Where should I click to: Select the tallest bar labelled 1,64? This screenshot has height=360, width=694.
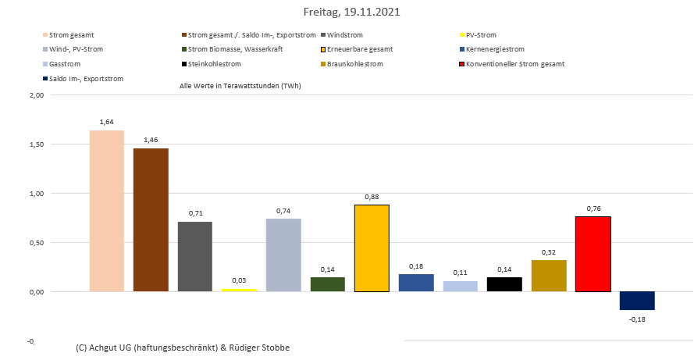coord(106,211)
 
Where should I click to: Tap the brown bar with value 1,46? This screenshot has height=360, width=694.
coord(151,219)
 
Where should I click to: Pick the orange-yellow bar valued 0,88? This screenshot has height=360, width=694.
coord(372,248)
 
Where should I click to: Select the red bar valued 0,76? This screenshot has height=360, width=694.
coord(593,254)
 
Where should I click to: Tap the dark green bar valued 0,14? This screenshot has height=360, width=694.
coord(328,284)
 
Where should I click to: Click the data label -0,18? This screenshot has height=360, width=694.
coord(637,319)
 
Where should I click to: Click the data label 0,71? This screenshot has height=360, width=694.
coord(195,213)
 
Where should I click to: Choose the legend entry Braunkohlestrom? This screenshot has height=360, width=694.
coord(355,64)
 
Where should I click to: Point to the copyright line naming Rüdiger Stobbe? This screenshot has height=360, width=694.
coord(183,347)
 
